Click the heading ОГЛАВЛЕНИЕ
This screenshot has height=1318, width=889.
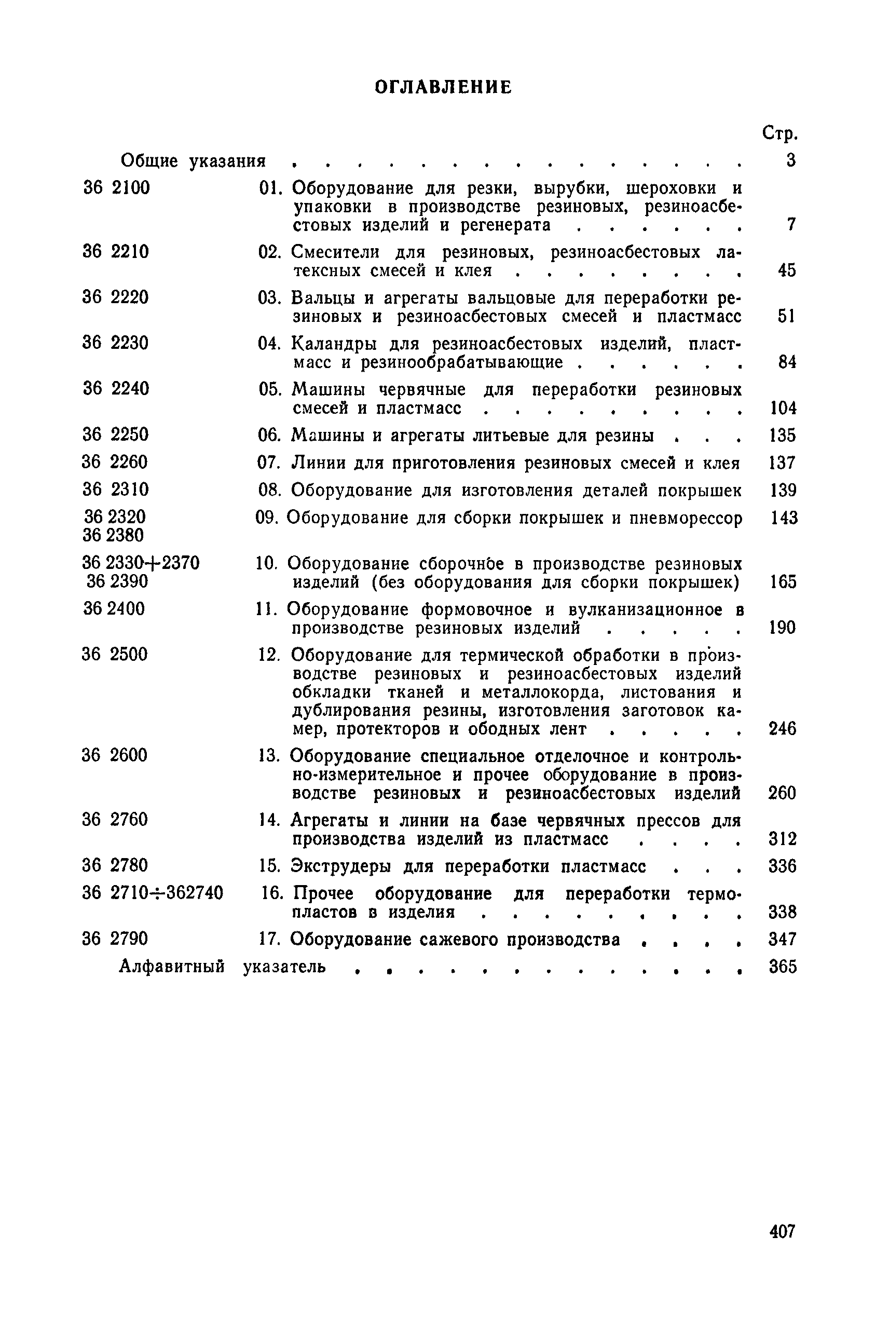[443, 87]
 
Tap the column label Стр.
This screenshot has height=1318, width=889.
[780, 133]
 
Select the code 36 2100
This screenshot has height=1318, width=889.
[116, 188]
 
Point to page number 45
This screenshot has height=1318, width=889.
[787, 270]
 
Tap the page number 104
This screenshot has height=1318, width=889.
[783, 408]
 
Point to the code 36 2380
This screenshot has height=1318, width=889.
[113, 535]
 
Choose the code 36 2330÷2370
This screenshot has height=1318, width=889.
[141, 563]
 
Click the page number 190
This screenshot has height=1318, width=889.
[783, 627]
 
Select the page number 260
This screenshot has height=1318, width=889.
[783, 793]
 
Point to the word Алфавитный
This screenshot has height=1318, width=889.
[172, 967]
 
